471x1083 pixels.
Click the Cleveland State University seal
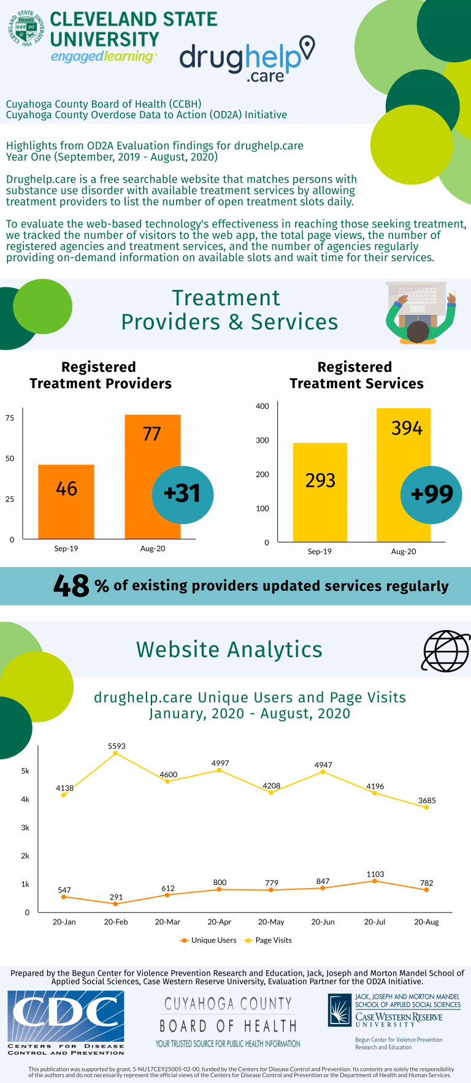pyautogui.click(x=26, y=28)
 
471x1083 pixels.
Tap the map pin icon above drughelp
pyautogui.click(x=307, y=48)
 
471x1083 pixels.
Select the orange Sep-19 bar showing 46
pyautogui.click(x=66, y=501)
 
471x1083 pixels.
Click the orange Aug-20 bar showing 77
pyautogui.click(x=152, y=454)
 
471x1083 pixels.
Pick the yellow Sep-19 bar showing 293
pyautogui.click(x=320, y=492)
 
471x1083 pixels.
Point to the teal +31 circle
pyautogui.click(x=183, y=494)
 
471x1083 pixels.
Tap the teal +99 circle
pyautogui.click(x=431, y=495)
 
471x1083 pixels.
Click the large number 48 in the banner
pyautogui.click(x=72, y=586)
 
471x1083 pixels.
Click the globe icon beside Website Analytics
pyautogui.click(x=446, y=651)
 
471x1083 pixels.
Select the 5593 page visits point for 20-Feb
pyautogui.click(x=116, y=753)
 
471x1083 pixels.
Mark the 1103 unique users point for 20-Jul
pyautogui.click(x=375, y=881)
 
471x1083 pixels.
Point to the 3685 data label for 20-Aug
pyautogui.click(x=427, y=800)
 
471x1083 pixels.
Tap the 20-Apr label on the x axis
pyautogui.click(x=219, y=922)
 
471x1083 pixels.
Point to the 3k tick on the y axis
pyautogui.click(x=25, y=827)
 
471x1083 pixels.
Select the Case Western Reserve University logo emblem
pyautogui.click(x=339, y=1010)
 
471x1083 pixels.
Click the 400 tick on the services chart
pyautogui.click(x=262, y=406)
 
